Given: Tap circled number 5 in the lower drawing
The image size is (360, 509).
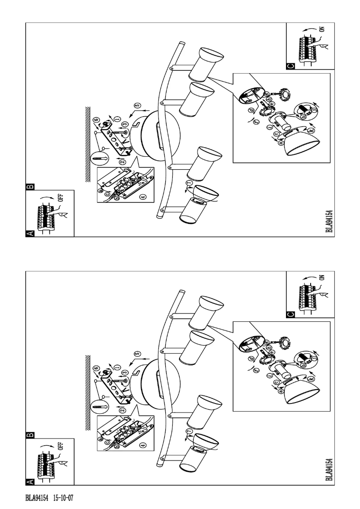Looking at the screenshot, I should click(x=137, y=355).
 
